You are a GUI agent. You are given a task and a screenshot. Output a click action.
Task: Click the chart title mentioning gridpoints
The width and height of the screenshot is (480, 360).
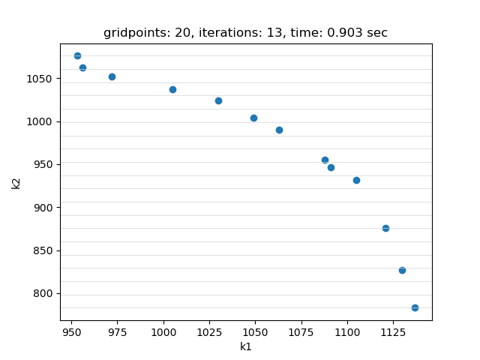[245, 33]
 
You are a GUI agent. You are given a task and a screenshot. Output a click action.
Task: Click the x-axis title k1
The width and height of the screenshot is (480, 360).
[246, 346]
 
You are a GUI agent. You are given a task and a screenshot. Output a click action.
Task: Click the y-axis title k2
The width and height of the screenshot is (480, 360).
[16, 182]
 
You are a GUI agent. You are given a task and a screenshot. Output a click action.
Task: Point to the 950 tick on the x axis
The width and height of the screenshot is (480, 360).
[71, 331]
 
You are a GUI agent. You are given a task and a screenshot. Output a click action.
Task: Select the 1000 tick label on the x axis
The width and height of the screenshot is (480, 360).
[163, 331]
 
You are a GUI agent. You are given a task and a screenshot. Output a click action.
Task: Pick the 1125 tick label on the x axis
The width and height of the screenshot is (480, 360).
[393, 331]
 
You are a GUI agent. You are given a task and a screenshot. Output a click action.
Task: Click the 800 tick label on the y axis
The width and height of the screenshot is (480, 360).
[45, 294]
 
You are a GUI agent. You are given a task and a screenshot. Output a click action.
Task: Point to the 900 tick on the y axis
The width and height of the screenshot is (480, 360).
[45, 208]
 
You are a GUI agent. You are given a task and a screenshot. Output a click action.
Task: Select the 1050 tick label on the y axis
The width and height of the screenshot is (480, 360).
[42, 79]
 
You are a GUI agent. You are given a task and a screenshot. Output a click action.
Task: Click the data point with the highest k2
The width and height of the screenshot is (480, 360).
[77, 55]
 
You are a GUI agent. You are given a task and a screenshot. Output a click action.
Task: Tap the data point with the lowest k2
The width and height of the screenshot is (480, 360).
[415, 307]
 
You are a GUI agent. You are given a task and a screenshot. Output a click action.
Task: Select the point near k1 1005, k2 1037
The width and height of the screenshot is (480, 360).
[172, 89]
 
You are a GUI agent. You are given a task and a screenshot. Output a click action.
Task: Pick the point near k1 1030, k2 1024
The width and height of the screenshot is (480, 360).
[218, 100]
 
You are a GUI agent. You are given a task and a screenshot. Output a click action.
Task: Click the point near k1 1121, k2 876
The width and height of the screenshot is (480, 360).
[385, 228]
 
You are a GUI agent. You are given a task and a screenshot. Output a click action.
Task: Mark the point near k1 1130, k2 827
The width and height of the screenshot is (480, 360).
[402, 270]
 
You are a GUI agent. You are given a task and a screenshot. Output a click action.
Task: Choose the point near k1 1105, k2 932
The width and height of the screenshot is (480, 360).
[356, 180]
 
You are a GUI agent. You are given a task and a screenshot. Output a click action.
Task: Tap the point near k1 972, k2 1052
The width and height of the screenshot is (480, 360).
[112, 76]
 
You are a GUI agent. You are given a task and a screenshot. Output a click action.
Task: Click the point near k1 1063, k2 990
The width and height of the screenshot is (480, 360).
[279, 130]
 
